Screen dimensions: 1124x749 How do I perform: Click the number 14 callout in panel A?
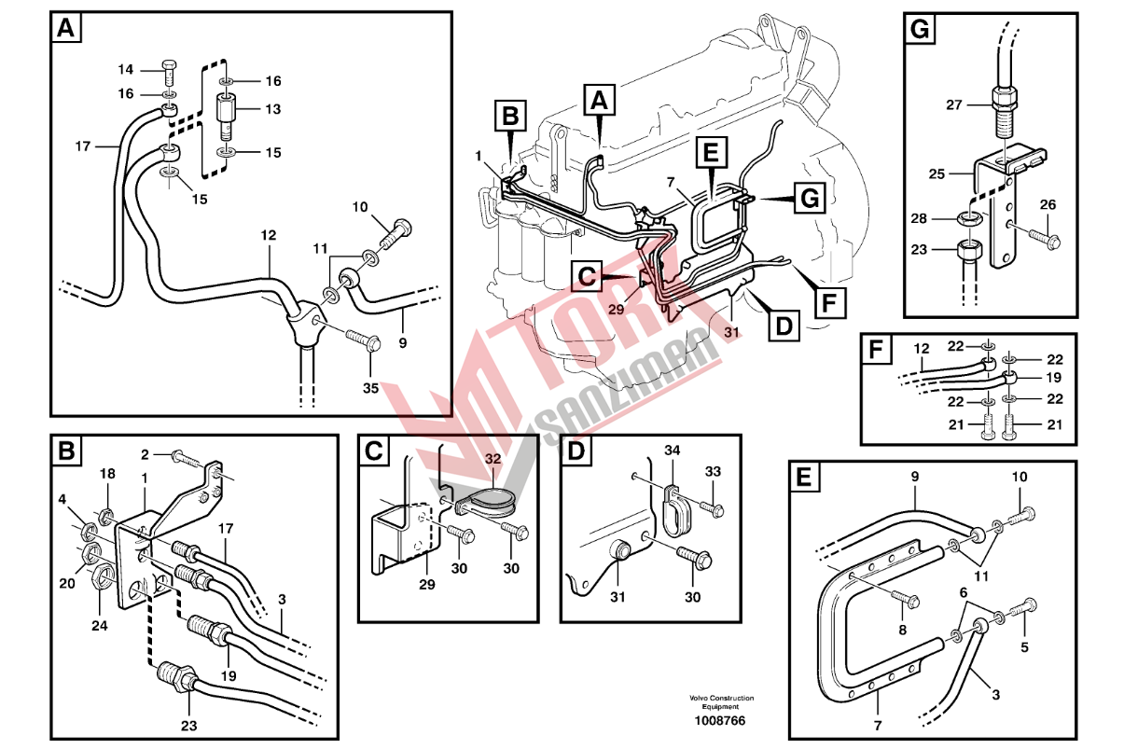[x=126, y=69]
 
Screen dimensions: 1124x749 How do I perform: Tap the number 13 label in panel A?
[x=273, y=109]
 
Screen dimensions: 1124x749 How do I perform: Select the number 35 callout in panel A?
[x=371, y=388]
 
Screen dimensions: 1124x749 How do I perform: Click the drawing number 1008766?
[x=719, y=721]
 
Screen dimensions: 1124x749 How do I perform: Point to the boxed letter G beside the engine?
[x=810, y=198]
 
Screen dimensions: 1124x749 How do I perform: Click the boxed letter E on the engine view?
[x=712, y=153]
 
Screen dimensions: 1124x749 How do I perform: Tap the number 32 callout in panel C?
[x=493, y=459]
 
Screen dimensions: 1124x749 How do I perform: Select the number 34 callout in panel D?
[x=673, y=451]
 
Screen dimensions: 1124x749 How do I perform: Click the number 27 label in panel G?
[x=954, y=104]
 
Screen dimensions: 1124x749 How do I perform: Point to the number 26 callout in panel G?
[x=1048, y=204]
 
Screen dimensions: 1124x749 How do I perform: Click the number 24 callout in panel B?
[x=100, y=626]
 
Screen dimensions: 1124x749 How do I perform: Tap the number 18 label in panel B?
[x=107, y=474]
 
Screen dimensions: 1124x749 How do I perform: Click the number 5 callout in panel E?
[x=1024, y=647]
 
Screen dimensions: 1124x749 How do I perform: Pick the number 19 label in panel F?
[x=1054, y=377]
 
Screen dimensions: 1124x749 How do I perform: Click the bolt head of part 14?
[x=169, y=64]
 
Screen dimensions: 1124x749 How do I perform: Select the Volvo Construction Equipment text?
[x=721, y=702]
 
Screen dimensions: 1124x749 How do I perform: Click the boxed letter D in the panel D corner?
[x=576, y=451]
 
